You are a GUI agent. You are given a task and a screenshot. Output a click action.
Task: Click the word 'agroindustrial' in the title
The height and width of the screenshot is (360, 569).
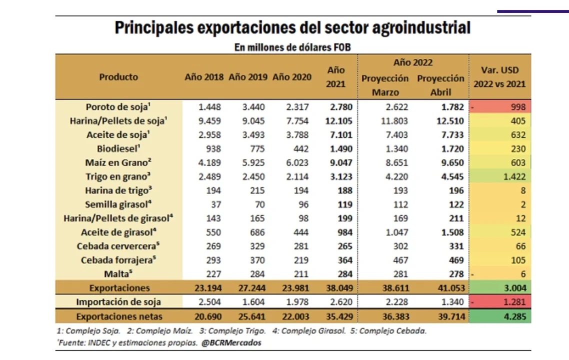coord(421,27)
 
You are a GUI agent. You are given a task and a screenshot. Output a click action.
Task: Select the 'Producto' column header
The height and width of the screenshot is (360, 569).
coord(118,77)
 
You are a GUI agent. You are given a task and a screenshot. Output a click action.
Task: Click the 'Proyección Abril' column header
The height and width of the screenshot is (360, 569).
coord(440,85)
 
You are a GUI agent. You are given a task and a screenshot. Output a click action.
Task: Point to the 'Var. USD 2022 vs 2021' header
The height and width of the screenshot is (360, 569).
coord(500,77)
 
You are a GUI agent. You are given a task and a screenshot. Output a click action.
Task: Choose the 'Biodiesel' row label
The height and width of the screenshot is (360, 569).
coord(118,148)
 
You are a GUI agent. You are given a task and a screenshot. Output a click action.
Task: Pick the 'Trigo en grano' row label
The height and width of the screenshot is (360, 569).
coord(118,176)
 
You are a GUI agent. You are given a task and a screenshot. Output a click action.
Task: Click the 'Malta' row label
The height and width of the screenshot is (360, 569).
coord(118,274)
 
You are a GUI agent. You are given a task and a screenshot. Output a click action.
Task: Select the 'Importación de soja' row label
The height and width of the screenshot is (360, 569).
coord(118,302)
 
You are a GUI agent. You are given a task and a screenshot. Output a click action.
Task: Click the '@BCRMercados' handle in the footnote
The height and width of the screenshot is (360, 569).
coord(231,342)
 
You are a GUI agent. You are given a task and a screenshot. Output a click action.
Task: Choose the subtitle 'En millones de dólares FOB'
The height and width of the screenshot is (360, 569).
coord(292,47)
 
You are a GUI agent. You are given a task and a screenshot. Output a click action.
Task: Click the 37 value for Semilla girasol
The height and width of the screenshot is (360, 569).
coord(215,204)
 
